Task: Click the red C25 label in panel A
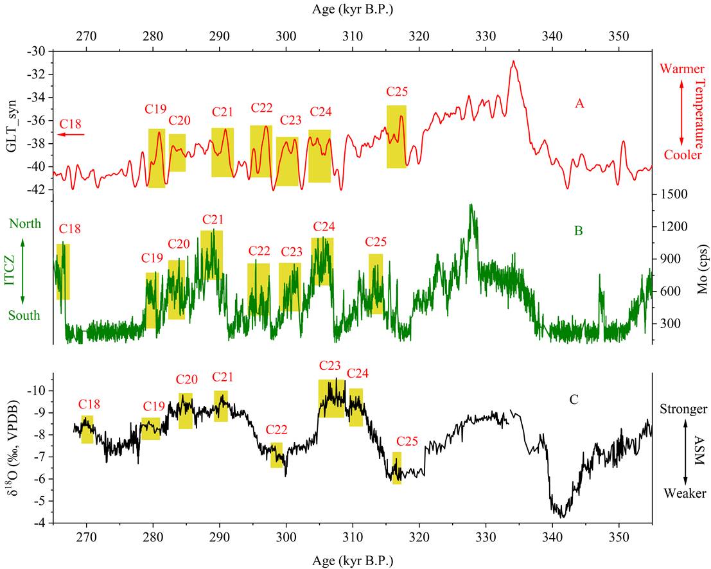[397, 92]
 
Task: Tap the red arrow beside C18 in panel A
[70, 135]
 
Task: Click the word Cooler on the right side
[683, 155]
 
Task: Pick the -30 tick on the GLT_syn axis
[37, 51]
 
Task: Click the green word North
[24, 223]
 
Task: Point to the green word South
[24, 315]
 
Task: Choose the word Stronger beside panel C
[684, 409]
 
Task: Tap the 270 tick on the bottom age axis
[86, 538]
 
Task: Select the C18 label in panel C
[89, 405]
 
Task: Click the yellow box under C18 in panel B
[62, 272]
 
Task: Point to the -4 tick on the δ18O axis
[39, 523]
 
